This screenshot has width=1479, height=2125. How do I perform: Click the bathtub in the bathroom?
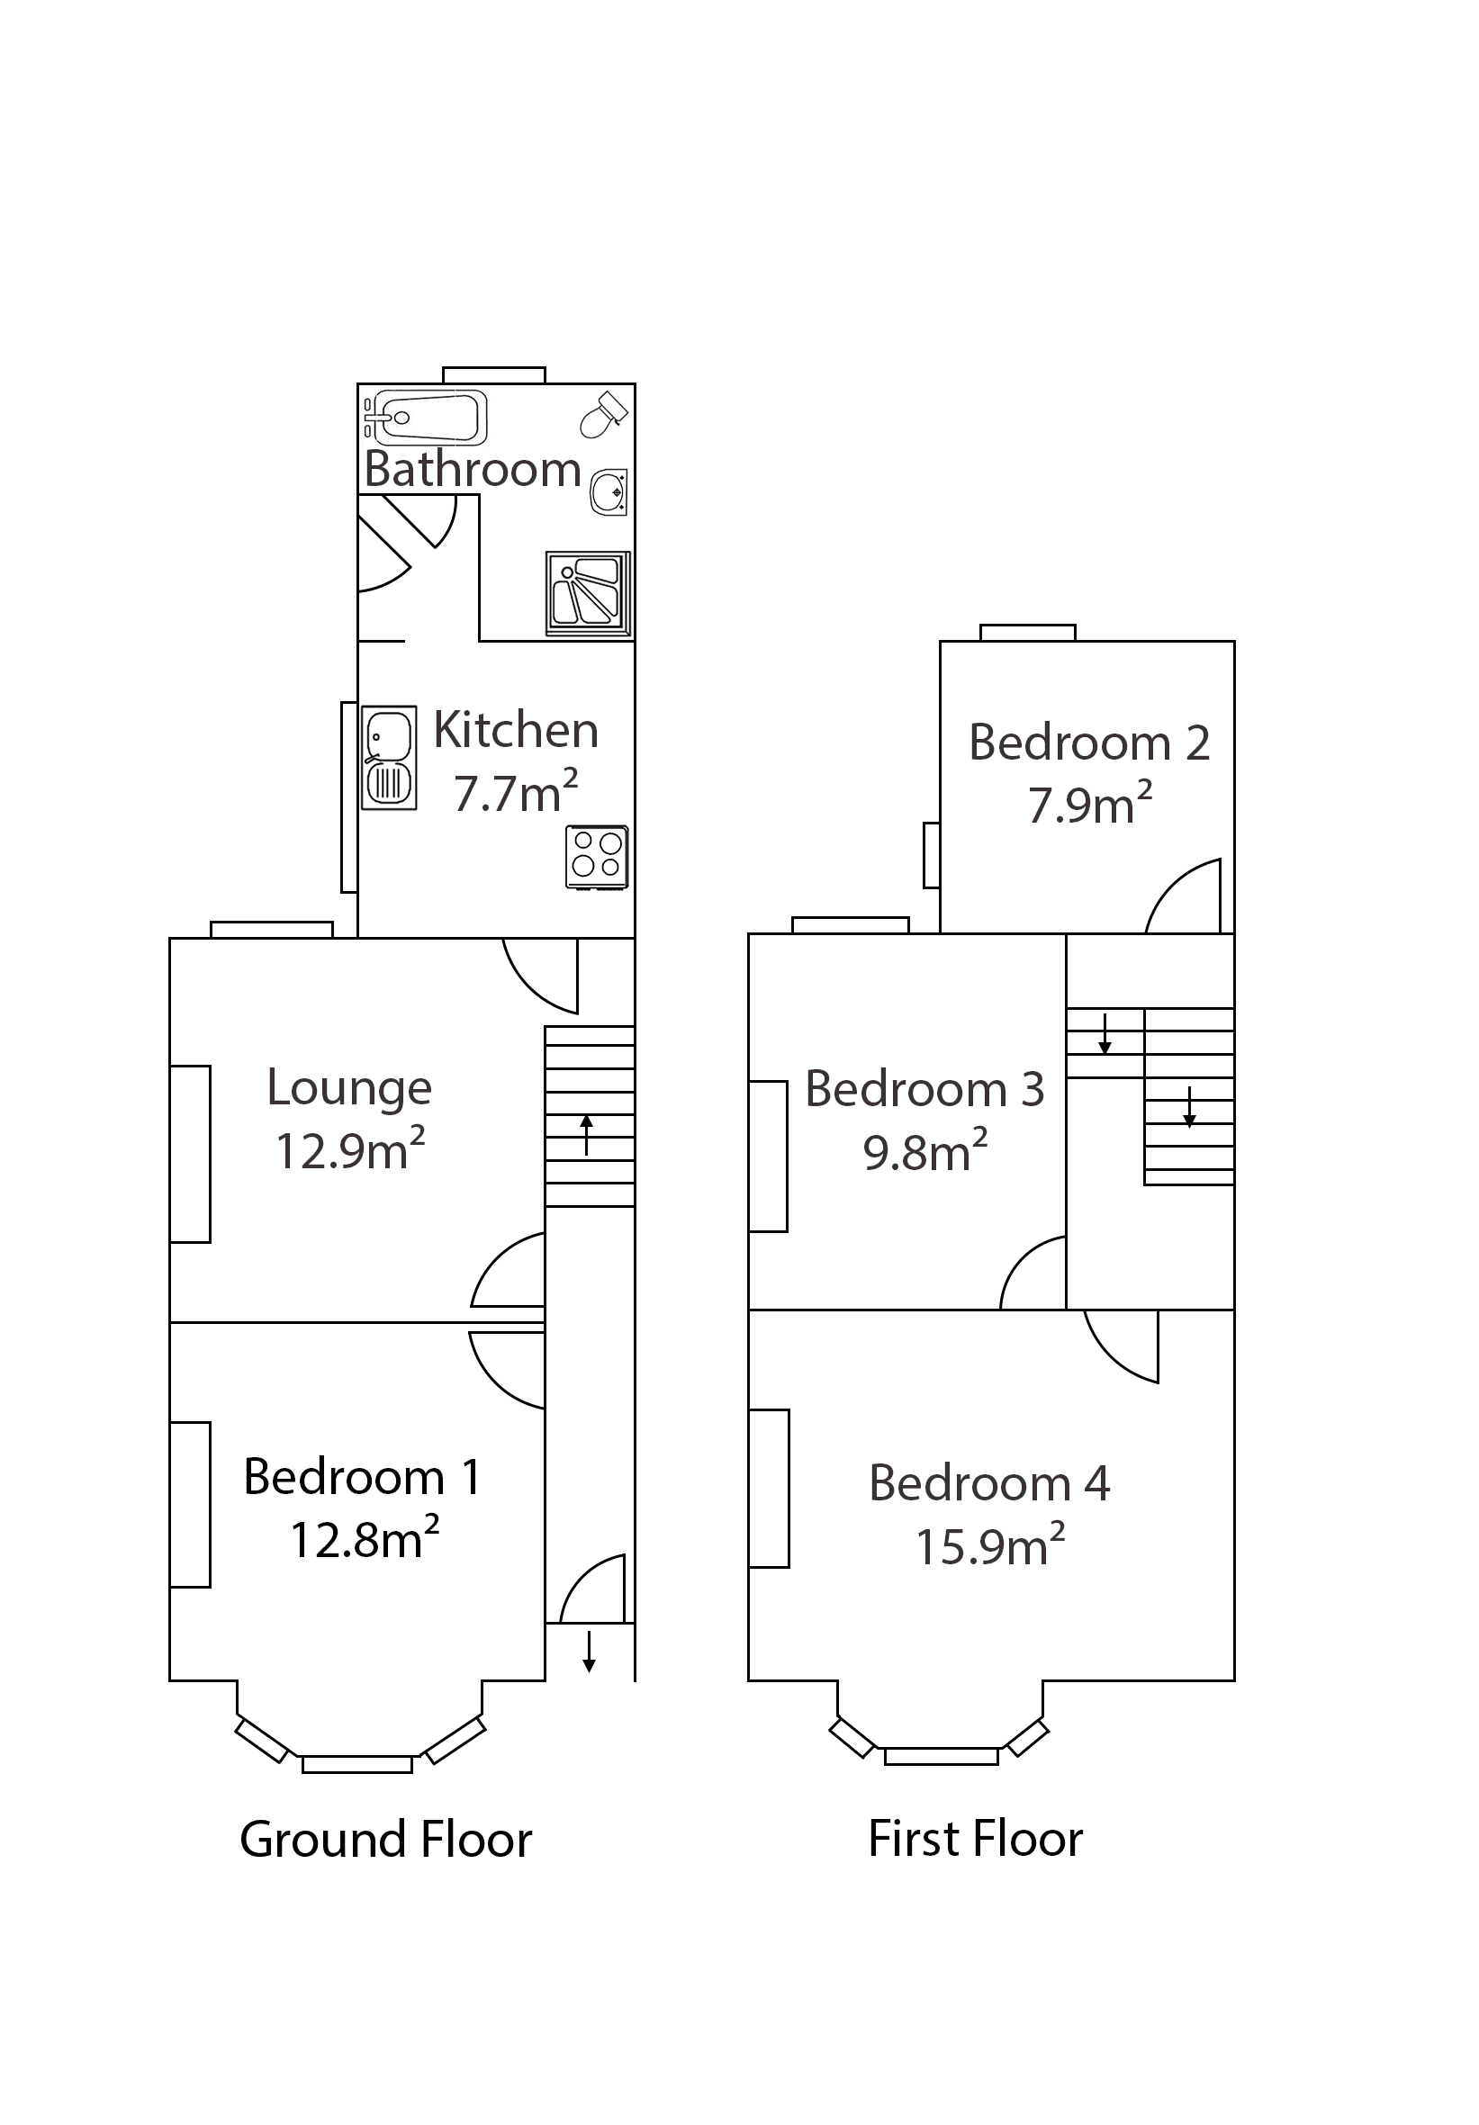[x=427, y=418]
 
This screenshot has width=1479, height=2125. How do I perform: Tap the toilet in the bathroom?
[x=603, y=414]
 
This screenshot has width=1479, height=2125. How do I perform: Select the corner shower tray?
[x=588, y=594]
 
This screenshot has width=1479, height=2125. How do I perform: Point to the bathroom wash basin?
[x=609, y=491]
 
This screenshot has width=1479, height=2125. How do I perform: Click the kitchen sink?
[x=389, y=758]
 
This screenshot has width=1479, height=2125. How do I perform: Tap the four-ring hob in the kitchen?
[x=596, y=856]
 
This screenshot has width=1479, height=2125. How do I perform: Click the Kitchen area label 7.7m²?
[x=516, y=793]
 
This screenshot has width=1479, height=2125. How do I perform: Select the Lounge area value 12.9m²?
[x=350, y=1150]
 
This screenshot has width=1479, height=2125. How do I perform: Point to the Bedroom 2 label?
[x=1088, y=743]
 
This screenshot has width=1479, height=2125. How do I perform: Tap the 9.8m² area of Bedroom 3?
[x=924, y=1152]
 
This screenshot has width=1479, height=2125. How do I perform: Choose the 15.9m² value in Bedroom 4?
[x=989, y=1546]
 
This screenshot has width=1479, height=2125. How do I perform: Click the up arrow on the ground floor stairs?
[x=586, y=1135]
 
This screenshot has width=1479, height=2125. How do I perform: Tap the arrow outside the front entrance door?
[x=589, y=1652]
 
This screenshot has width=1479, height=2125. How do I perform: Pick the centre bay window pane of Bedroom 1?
[x=356, y=1764]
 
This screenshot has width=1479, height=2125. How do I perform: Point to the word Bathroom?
[x=472, y=469]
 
